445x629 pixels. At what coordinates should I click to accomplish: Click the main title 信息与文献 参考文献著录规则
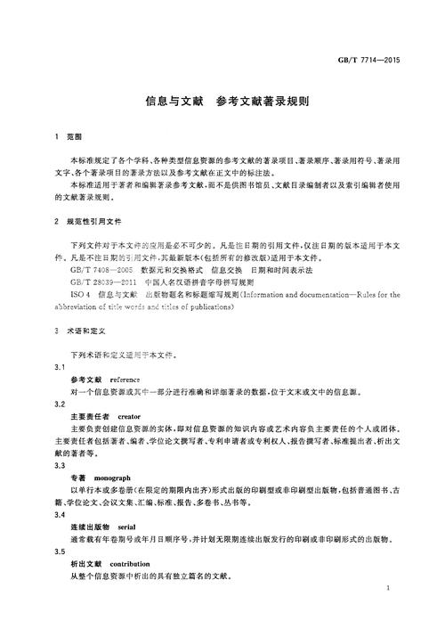tap(222, 102)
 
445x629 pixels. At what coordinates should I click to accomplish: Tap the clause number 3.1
tap(60, 367)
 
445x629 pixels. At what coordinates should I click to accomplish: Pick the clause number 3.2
tap(60, 404)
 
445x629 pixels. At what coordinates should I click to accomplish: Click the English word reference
tap(127, 380)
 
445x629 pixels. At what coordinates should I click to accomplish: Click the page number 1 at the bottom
tap(393, 590)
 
